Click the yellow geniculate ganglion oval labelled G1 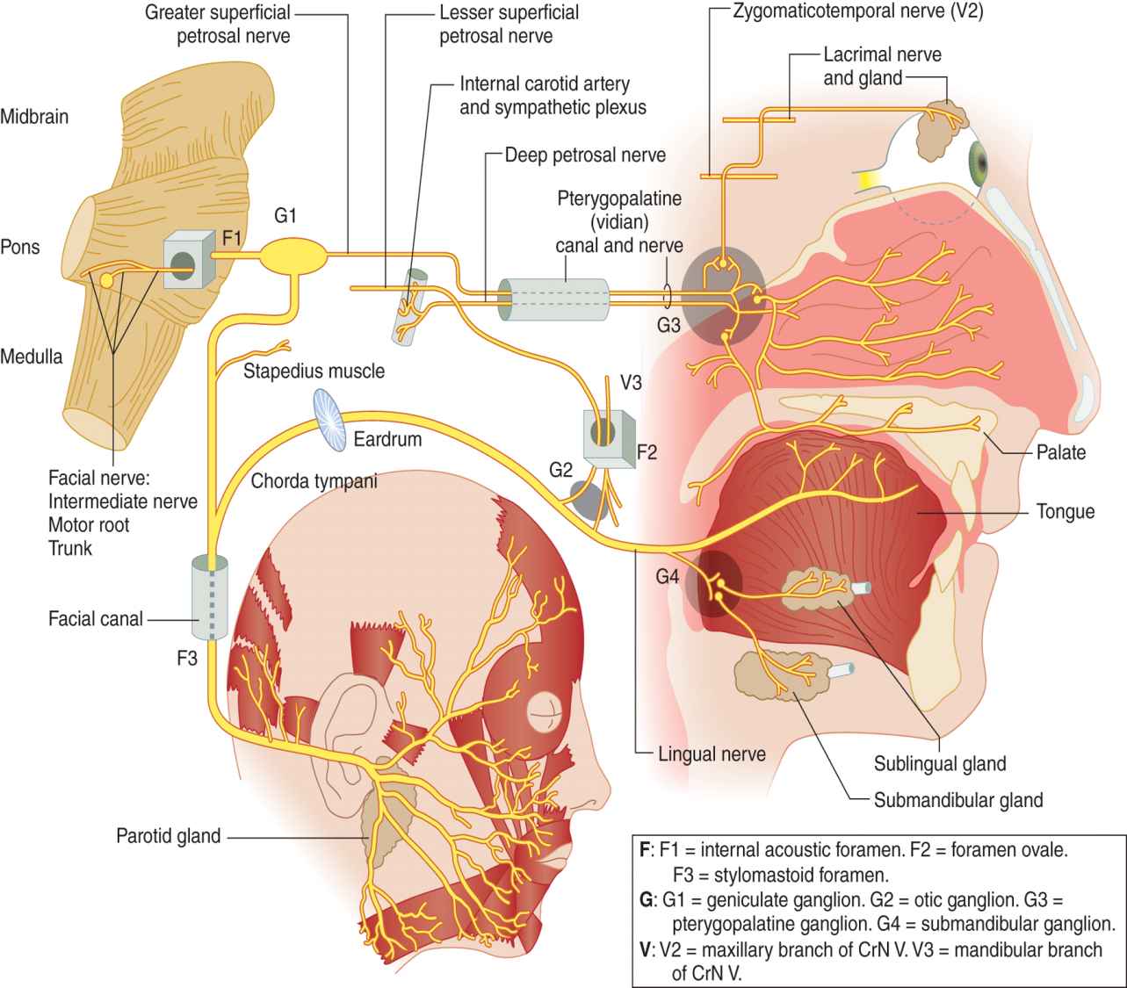pyautogui.click(x=295, y=255)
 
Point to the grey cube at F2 pyautogui.click(x=608, y=434)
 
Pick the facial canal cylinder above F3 pyautogui.click(x=209, y=597)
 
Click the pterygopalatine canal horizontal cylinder pyautogui.click(x=553, y=300)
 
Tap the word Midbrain pyautogui.click(x=34, y=116)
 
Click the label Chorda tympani pyautogui.click(x=314, y=480)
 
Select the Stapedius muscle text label pyautogui.click(x=314, y=371)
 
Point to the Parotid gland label pyautogui.click(x=168, y=834)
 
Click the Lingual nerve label pyautogui.click(x=712, y=753)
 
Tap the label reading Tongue pyautogui.click(x=1065, y=511)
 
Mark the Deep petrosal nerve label pyautogui.click(x=585, y=155)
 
